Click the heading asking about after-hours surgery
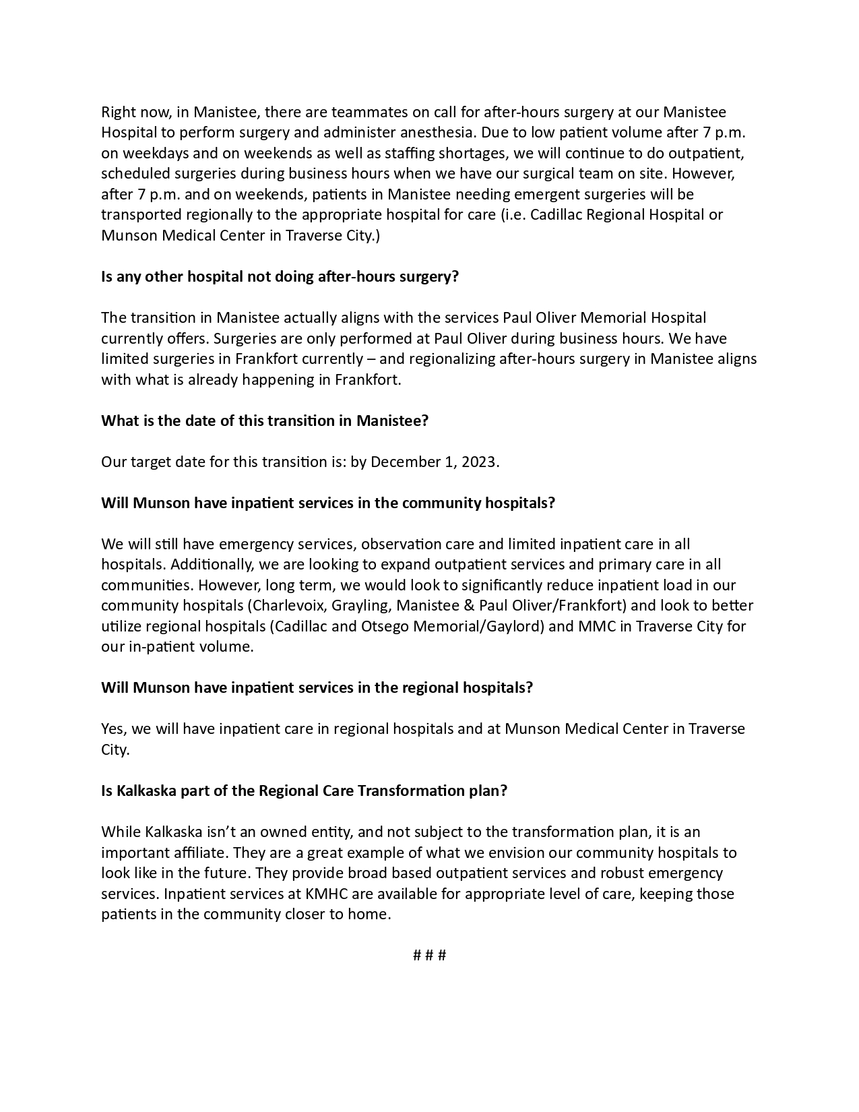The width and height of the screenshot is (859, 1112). coord(280,276)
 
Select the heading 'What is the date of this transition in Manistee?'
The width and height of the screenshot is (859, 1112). coord(265,421)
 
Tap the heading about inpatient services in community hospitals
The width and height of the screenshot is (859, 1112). coord(328,503)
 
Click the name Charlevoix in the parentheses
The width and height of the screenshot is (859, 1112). coord(288,605)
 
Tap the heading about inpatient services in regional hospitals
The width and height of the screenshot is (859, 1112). coord(317,687)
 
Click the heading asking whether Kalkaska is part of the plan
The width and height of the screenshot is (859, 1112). coord(304,791)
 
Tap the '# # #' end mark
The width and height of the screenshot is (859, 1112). coord(429,955)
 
